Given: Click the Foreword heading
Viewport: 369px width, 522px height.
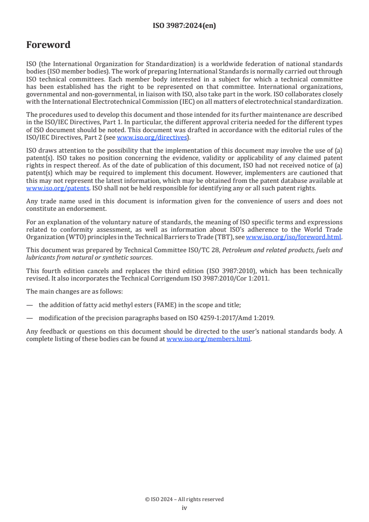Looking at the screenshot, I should (x=48, y=45).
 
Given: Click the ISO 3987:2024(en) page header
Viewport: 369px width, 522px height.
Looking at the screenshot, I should (x=184, y=26).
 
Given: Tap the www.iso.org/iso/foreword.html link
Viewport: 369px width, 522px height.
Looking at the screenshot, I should (x=294, y=237).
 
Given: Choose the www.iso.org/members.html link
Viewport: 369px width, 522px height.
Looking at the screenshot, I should (x=208, y=339).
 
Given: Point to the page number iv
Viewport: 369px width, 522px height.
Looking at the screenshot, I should (x=184, y=508).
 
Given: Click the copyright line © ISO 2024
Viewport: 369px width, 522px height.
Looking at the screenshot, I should (x=184, y=499).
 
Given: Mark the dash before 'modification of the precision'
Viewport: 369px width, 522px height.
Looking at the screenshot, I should (x=30, y=317).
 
